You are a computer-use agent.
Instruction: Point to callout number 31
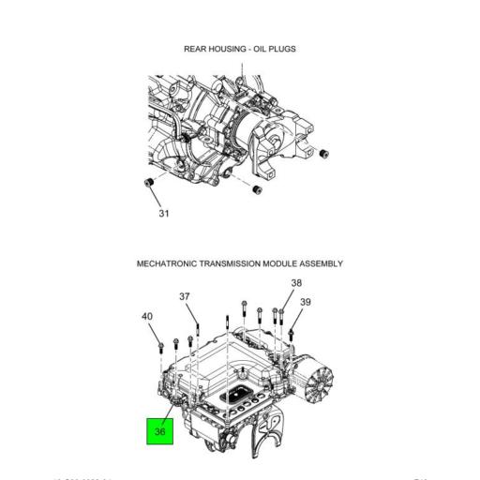[x=164, y=214]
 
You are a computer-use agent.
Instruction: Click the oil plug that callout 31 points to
[x=148, y=181]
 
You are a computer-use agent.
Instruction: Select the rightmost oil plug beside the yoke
[x=324, y=153]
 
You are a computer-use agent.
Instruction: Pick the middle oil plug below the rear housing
[x=254, y=190]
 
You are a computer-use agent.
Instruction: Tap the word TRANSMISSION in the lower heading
[x=247, y=264]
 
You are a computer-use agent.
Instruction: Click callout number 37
[x=185, y=297]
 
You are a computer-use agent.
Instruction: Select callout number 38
[x=296, y=283]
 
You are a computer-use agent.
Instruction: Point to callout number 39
[x=306, y=302]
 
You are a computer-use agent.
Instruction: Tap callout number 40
[x=147, y=317]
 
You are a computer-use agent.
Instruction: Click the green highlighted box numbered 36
[x=159, y=431]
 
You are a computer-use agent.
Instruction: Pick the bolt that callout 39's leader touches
[x=292, y=331]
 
